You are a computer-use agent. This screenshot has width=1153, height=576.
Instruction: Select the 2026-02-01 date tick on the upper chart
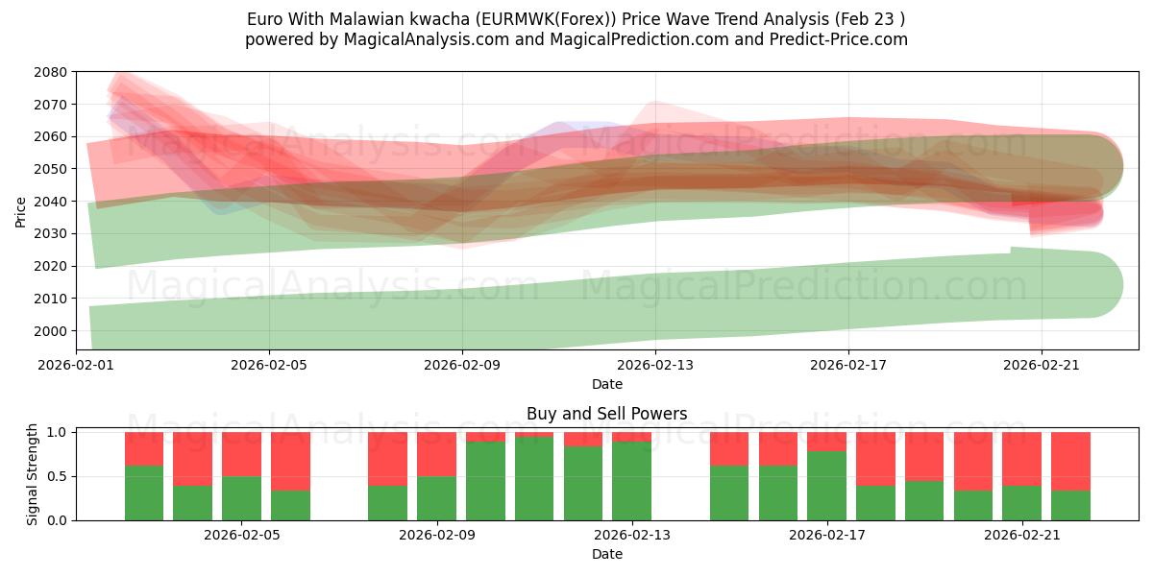coord(76,365)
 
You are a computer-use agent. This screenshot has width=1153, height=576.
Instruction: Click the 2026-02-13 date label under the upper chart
coord(655,365)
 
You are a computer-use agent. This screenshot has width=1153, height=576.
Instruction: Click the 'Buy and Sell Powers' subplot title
coord(606,415)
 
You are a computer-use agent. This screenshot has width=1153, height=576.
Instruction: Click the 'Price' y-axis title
coord(20,211)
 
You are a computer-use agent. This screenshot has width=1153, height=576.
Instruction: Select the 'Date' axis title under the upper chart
coord(606,384)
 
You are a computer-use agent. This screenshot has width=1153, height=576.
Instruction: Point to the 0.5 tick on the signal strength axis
coord(56,476)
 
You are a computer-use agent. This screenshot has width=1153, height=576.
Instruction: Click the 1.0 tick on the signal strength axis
coord(56,432)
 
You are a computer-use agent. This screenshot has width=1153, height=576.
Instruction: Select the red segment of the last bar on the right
coord(1070,461)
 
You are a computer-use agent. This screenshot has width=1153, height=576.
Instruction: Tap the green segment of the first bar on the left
coord(144,493)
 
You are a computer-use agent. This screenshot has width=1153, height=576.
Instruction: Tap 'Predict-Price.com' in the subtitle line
coord(839,39)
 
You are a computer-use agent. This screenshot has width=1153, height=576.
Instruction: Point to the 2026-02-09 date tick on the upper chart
coord(462,365)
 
